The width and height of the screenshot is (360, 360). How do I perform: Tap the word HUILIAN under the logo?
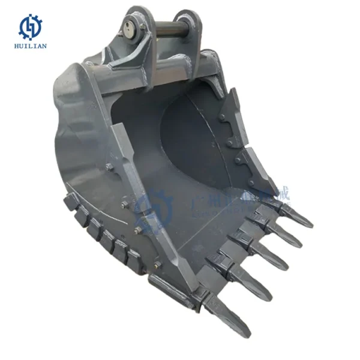coord(29,46)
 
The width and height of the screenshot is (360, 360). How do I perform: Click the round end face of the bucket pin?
coord(130,25)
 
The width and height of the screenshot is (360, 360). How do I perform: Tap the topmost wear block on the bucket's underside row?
coord(71,201)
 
